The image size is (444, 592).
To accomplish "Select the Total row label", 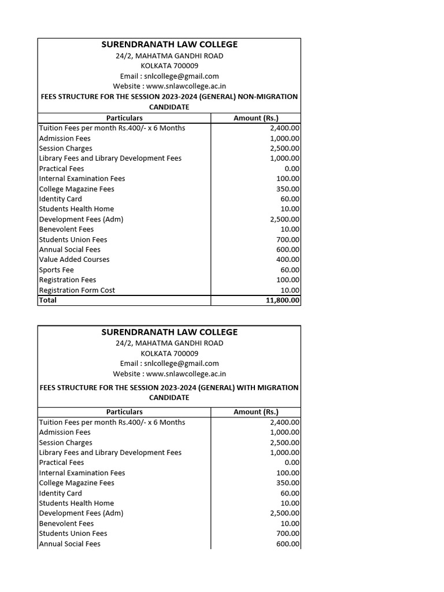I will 48,301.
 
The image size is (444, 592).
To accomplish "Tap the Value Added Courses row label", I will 74,260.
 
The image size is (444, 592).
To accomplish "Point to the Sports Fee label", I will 57,270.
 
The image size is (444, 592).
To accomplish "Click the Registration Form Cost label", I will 77,290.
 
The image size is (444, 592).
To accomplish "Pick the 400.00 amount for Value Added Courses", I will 288,260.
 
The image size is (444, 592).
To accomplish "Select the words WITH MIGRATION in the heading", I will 268,387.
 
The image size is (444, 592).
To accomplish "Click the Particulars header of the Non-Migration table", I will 124,118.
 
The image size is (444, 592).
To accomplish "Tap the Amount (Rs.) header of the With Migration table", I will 256,412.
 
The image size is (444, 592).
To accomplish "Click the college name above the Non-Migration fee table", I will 169,45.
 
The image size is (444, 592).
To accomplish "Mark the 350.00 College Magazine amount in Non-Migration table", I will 288,189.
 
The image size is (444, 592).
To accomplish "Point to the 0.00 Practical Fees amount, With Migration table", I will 292,462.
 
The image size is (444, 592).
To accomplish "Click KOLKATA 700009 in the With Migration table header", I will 169,353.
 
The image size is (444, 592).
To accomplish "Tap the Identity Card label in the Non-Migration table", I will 61,199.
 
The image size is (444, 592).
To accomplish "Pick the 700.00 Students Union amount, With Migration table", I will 288,534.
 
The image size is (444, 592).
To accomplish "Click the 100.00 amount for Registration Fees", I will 288,280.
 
